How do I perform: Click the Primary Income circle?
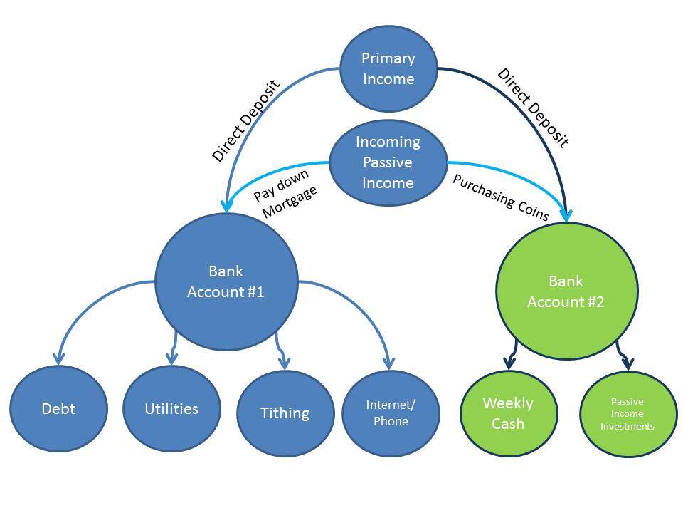[x=388, y=68]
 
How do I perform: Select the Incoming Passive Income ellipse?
[x=388, y=162]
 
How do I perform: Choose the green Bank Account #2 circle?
[x=567, y=291]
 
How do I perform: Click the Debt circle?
[x=58, y=409]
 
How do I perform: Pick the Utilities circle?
[x=171, y=409]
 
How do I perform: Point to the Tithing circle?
[x=285, y=413]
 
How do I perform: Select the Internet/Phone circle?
[x=391, y=413]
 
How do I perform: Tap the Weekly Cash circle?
[x=508, y=413]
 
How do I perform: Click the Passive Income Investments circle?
[x=628, y=413]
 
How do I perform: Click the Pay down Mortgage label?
[x=286, y=193]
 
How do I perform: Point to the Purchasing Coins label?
[x=500, y=197]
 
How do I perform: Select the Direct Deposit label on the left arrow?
[x=245, y=121]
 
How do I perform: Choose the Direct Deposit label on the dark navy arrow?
[x=533, y=108]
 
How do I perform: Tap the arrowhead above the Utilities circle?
[x=172, y=358]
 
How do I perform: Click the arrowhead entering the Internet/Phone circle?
[x=389, y=363]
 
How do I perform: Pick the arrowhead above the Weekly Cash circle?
[x=509, y=363]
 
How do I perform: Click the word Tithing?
[x=285, y=413]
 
